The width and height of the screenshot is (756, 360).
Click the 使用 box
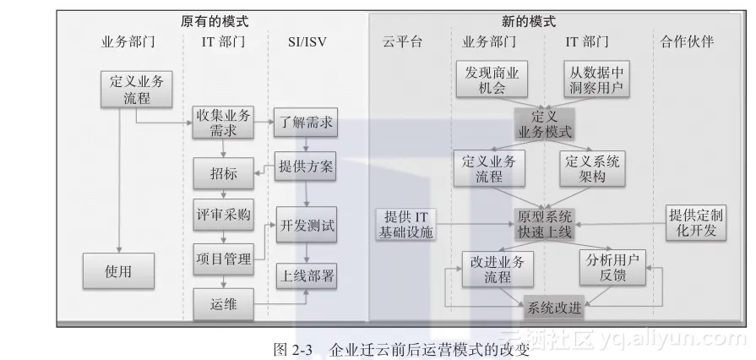point(118,272)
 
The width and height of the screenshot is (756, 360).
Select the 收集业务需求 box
point(221,123)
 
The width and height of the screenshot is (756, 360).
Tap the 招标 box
point(221,175)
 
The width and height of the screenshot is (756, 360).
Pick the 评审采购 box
point(221,215)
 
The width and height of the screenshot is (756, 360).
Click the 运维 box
point(221,304)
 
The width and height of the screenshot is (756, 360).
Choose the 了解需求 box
point(305,123)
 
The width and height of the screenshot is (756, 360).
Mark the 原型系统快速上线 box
point(545,221)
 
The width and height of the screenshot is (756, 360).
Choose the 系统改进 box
point(553,308)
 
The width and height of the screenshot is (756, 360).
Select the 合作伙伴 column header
point(687,41)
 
